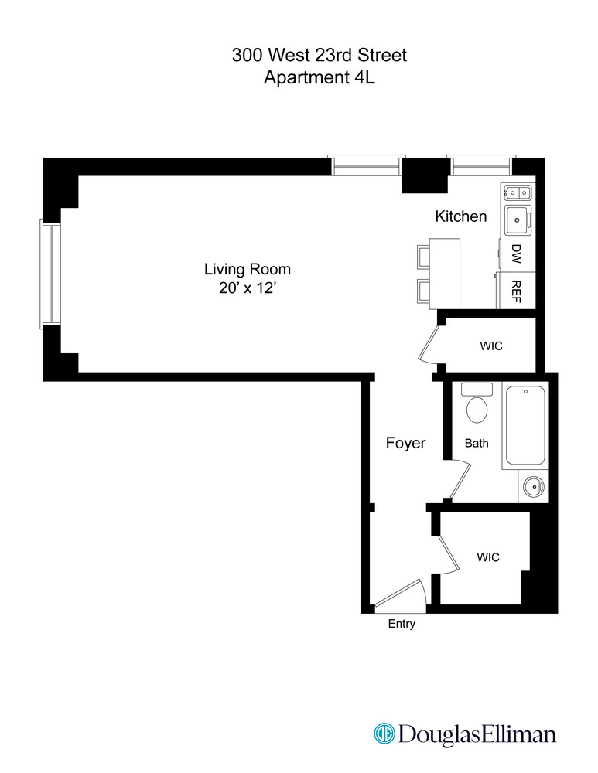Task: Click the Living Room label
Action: pyautogui.click(x=247, y=270)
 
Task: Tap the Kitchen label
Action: pyautogui.click(x=461, y=216)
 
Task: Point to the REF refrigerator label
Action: pyautogui.click(x=516, y=291)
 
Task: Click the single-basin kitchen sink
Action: pyautogui.click(x=516, y=220)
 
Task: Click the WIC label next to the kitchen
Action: pyautogui.click(x=490, y=346)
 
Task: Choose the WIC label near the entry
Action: pyautogui.click(x=487, y=557)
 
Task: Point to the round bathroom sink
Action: pyautogui.click(x=532, y=486)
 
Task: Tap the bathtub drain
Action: pyautogui.click(x=526, y=392)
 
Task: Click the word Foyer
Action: pyautogui.click(x=405, y=443)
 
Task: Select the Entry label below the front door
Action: pyautogui.click(x=402, y=624)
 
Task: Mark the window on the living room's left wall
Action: pyautogui.click(x=49, y=273)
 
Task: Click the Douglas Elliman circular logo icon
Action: pyautogui.click(x=384, y=733)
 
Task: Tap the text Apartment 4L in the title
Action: pyautogui.click(x=319, y=77)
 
